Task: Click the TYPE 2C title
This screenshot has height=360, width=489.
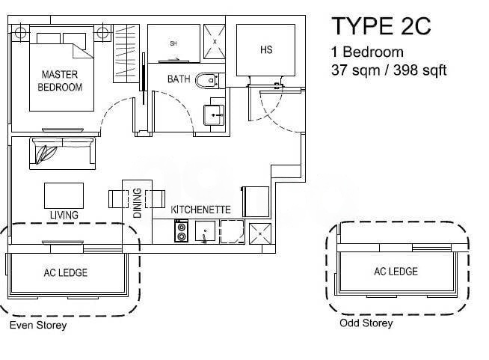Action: (381, 26)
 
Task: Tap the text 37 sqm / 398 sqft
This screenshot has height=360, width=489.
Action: (389, 70)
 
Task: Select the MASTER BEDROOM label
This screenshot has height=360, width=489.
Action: (60, 81)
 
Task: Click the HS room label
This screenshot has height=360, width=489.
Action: (266, 49)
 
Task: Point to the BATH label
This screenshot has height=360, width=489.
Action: (179, 79)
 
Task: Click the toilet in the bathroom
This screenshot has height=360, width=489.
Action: (207, 81)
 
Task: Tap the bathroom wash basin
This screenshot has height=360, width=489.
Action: (214, 115)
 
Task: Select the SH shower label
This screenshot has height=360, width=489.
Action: (173, 43)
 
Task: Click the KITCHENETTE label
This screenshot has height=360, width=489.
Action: (200, 210)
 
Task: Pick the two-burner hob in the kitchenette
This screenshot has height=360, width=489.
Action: (181, 231)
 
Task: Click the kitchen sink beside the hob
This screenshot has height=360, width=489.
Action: (205, 231)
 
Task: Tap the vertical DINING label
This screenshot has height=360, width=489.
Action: (138, 203)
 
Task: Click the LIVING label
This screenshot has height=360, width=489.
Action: (64, 215)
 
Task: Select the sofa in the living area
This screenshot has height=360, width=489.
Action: (62, 153)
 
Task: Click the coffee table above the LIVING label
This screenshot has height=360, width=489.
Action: (64, 196)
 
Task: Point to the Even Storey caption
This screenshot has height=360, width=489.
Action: (38, 326)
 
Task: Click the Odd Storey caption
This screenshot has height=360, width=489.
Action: (366, 323)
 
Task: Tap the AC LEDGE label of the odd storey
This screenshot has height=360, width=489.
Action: (396, 272)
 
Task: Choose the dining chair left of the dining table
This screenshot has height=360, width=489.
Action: (118, 199)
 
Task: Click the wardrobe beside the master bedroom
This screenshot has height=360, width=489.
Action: (126, 54)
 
